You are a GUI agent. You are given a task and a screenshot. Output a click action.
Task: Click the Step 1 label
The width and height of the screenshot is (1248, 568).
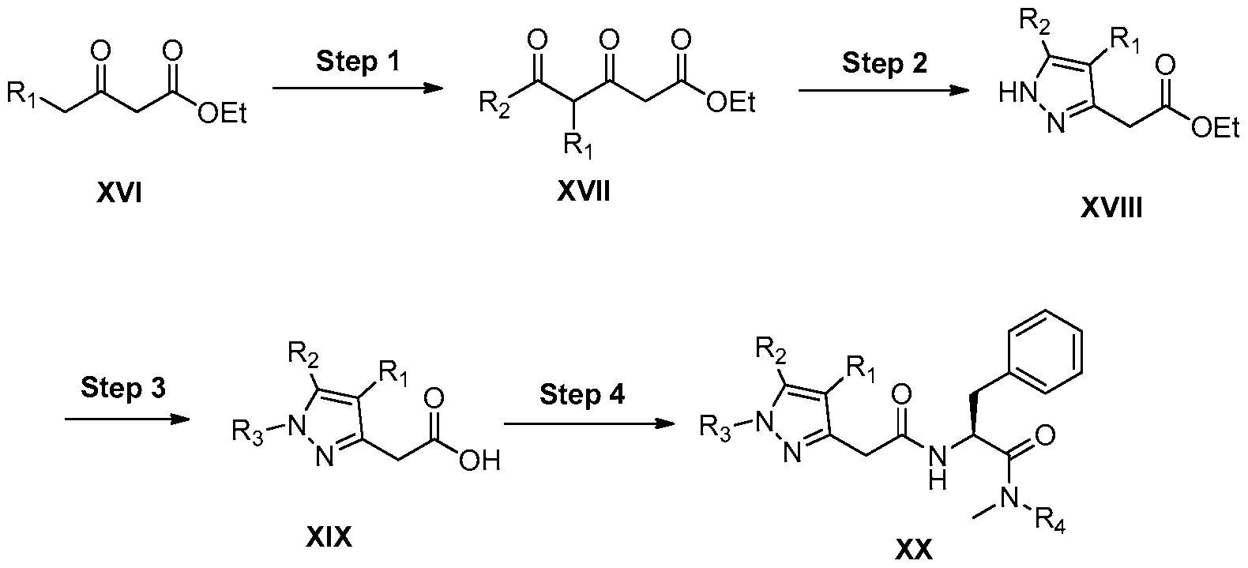pyautogui.click(x=358, y=61)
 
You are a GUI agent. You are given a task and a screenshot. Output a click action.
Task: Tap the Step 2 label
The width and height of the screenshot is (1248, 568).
pyautogui.click(x=884, y=63)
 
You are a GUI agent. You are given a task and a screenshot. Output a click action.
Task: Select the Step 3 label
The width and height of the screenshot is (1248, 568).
pyautogui.click(x=123, y=387)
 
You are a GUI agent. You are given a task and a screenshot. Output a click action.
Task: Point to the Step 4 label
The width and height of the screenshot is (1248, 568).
pyautogui.click(x=582, y=395)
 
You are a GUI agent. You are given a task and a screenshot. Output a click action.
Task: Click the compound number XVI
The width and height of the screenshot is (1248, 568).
pyautogui.click(x=118, y=194)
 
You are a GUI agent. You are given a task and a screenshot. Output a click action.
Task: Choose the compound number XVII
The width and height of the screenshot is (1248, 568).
pyautogui.click(x=584, y=192)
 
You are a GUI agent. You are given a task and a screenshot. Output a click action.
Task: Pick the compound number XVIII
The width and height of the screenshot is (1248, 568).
pyautogui.click(x=1111, y=208)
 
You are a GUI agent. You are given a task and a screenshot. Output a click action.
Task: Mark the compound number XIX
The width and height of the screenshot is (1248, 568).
pyautogui.click(x=329, y=538)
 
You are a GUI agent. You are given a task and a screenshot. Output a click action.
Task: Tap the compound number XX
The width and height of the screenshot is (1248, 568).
pyautogui.click(x=913, y=551)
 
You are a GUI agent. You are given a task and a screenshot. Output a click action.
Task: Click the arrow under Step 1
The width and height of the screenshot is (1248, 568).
pyautogui.click(x=357, y=88)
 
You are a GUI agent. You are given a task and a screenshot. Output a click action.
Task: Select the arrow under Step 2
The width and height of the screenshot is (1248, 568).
pyautogui.click(x=884, y=90)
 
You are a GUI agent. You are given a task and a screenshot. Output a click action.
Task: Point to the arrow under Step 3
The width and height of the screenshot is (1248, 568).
pyautogui.click(x=128, y=419)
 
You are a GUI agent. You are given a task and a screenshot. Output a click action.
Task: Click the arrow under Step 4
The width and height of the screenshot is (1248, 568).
pyautogui.click(x=589, y=424)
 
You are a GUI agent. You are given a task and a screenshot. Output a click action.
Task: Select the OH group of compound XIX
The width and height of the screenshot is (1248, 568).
pyautogui.click(x=479, y=461)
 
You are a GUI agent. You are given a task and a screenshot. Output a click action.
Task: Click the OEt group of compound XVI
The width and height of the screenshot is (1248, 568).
pyautogui.click(x=222, y=114)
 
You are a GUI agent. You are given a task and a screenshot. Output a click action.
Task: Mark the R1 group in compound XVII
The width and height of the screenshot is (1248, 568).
pyautogui.click(x=578, y=145)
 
